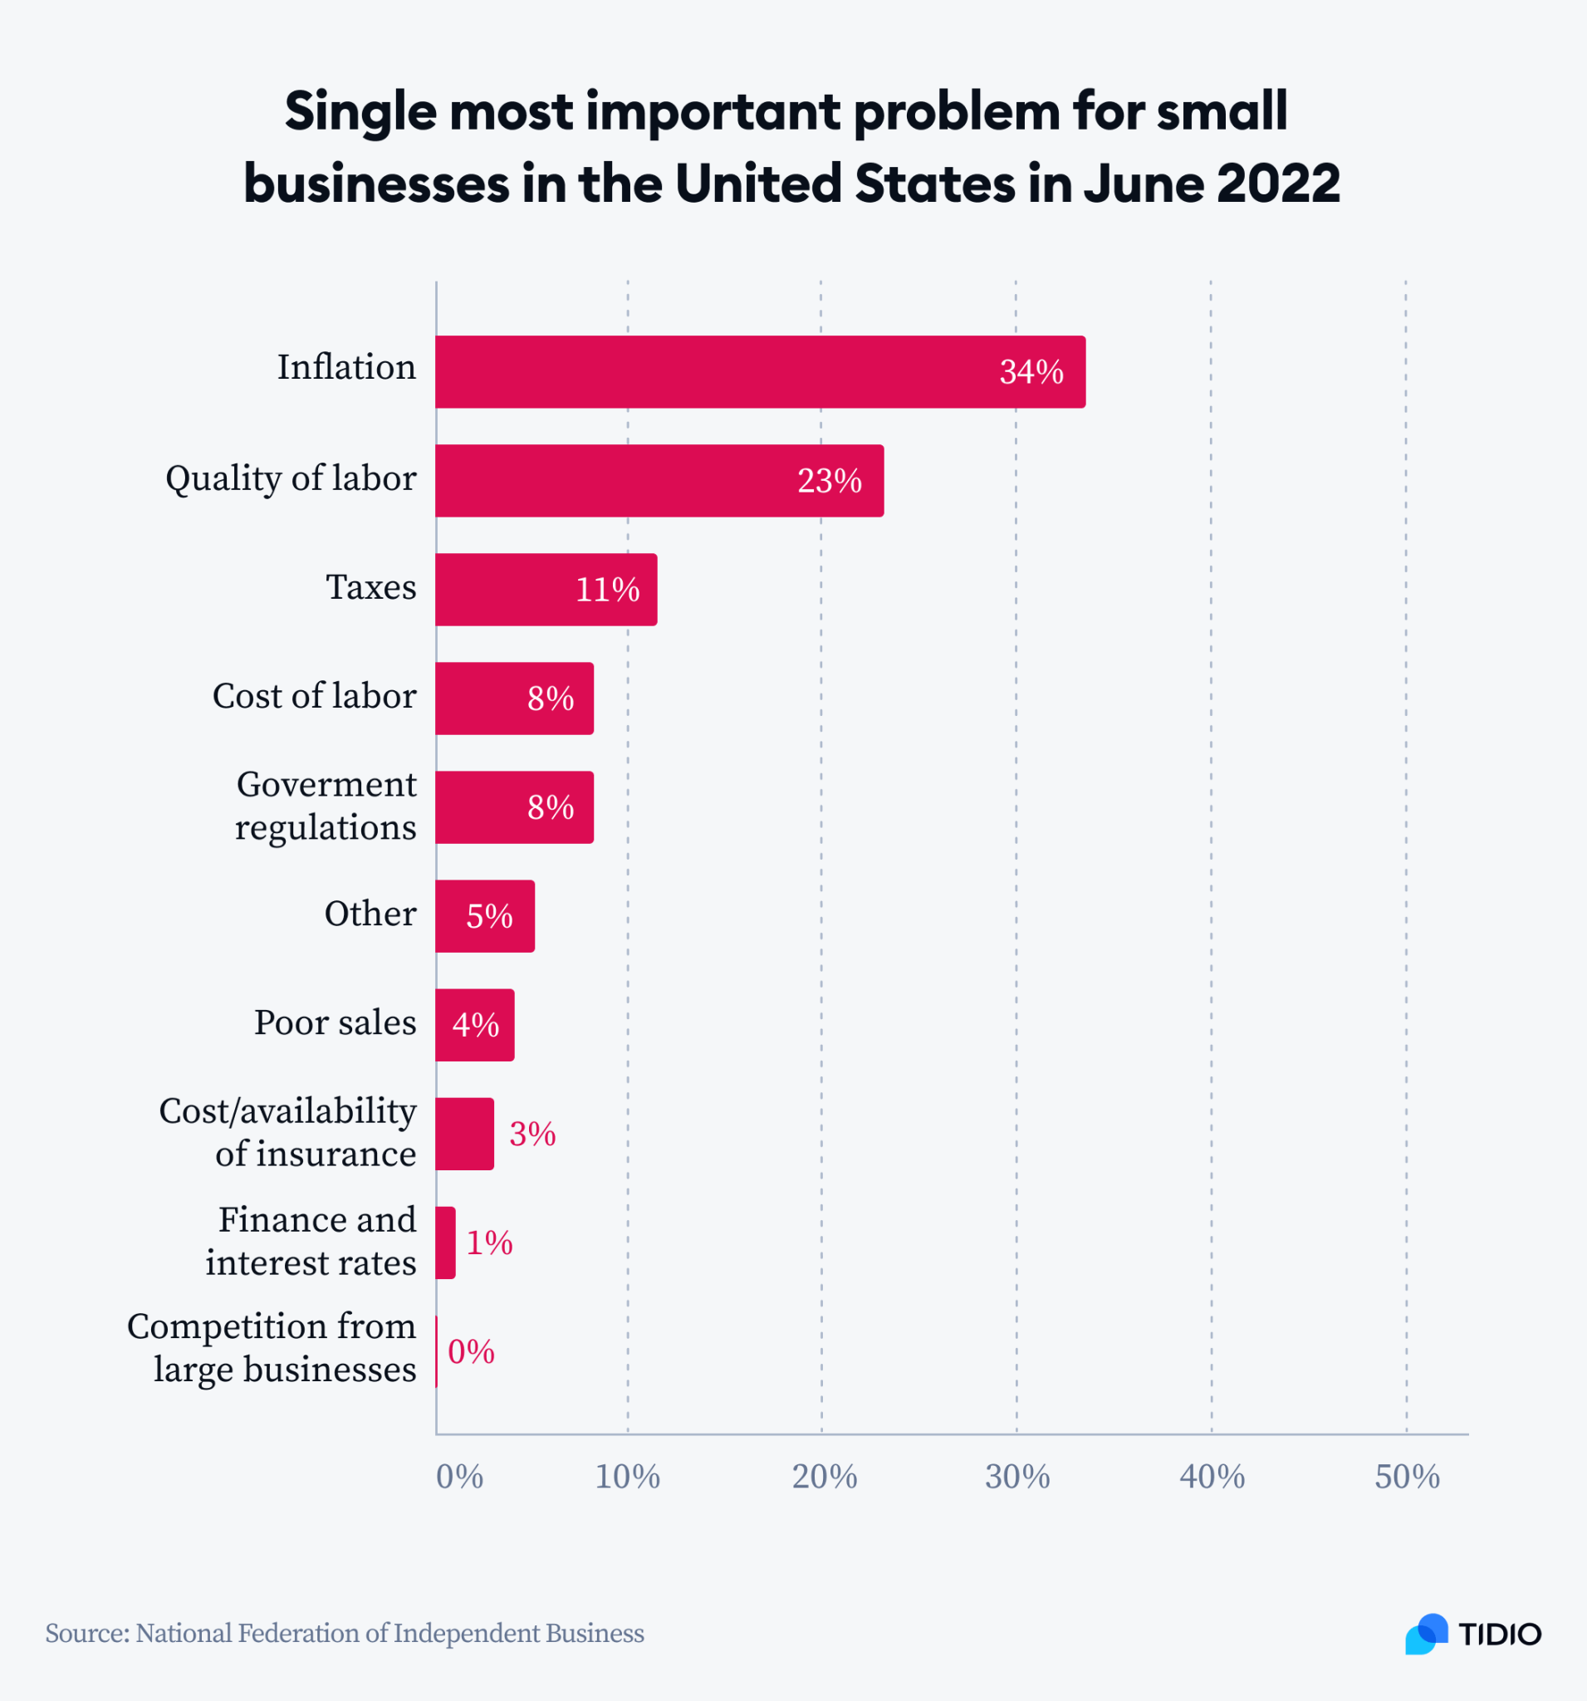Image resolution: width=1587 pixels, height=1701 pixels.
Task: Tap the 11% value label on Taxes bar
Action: pyautogui.click(x=606, y=590)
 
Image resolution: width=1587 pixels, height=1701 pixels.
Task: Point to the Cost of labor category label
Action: pyautogui.click(x=314, y=696)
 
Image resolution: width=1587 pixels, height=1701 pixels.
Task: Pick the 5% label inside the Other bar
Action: pyautogui.click(x=488, y=916)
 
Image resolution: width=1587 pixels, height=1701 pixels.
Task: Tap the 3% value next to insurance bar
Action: pyautogui.click(x=532, y=1134)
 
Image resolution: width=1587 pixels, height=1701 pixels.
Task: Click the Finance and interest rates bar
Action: pyautogui.click(x=445, y=1243)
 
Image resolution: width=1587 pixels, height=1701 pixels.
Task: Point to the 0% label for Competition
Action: pyautogui.click(x=471, y=1352)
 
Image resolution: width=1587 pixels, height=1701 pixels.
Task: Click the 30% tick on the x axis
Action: pyautogui.click(x=1016, y=1477)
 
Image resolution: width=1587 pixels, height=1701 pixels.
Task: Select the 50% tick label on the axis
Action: pyautogui.click(x=1407, y=1477)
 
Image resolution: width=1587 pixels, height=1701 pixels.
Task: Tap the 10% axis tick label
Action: pyautogui.click(x=627, y=1477)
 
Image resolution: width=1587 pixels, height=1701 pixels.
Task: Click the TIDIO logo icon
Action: pyautogui.click(x=1426, y=1634)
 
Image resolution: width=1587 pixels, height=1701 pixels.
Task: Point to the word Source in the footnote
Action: pyautogui.click(x=86, y=1634)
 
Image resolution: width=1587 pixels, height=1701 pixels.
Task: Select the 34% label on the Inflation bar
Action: pyautogui.click(x=1031, y=371)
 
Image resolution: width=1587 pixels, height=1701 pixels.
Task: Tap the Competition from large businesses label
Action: pyautogui.click(x=272, y=1348)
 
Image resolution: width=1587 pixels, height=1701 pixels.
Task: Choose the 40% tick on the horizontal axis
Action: pyautogui.click(x=1212, y=1477)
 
